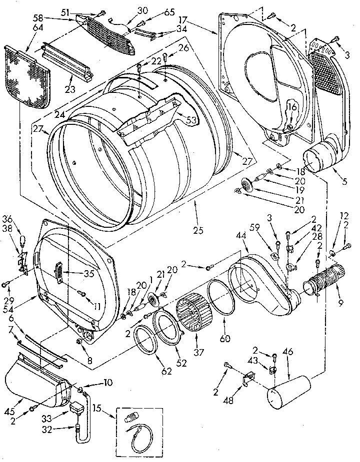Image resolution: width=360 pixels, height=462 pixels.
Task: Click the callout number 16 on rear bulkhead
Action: click(x=291, y=107)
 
